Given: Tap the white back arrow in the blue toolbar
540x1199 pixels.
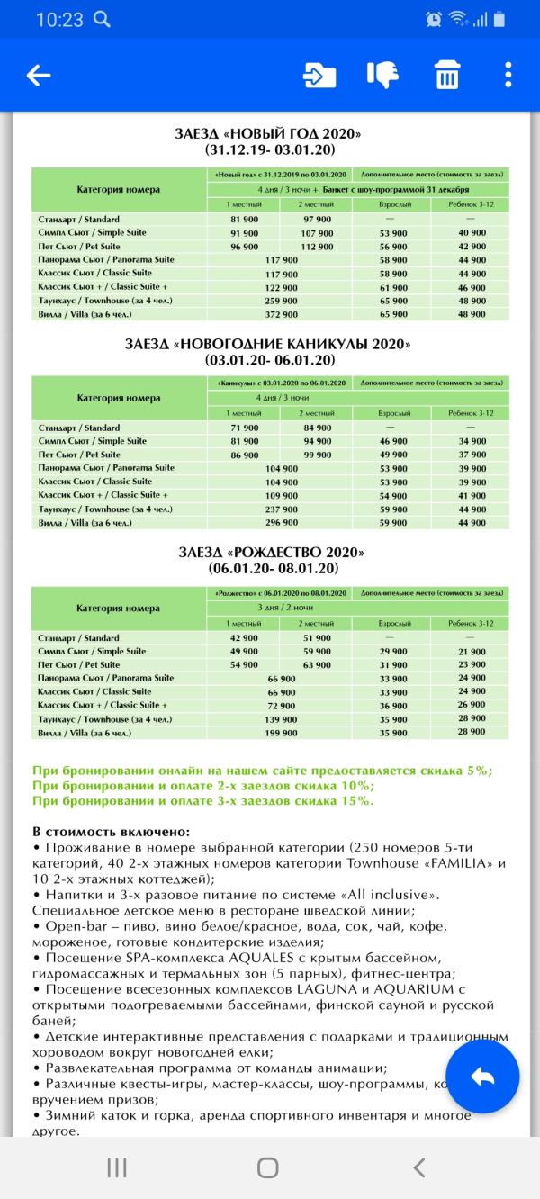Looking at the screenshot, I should point(39,76).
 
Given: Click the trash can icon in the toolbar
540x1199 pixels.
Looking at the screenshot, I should point(445,76).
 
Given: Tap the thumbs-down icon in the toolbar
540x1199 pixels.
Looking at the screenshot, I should point(382,76).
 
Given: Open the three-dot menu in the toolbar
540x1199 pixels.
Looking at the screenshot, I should point(508,76).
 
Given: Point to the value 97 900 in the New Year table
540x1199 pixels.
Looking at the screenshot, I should point(318,220).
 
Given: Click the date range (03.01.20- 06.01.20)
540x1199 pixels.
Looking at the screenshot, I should point(270,360).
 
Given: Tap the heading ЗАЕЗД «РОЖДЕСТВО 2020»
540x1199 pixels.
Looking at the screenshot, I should point(270,552).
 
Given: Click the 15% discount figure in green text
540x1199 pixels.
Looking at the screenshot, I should point(355,801).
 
